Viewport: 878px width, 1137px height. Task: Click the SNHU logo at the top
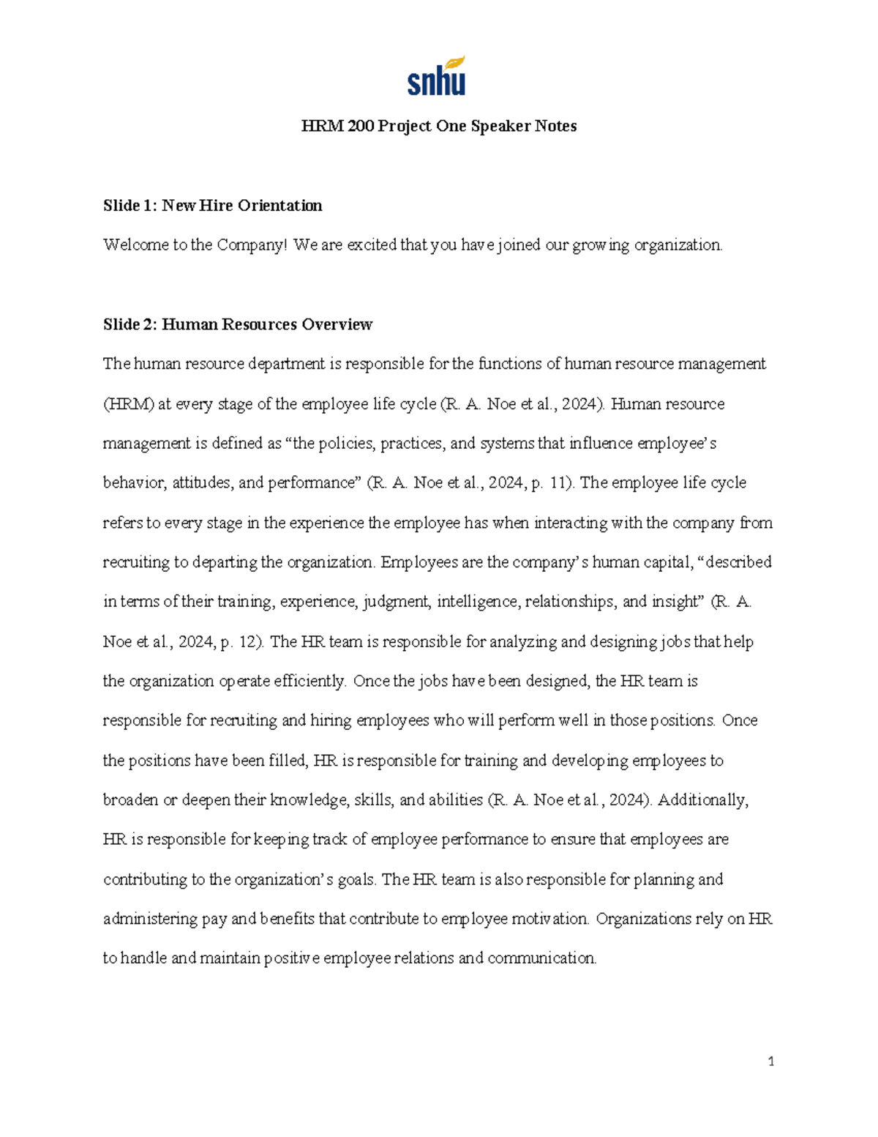[436, 77]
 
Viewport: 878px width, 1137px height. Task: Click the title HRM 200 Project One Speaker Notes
[439, 126]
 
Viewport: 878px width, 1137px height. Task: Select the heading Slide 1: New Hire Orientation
[212, 206]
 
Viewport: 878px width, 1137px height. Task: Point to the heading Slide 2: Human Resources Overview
[238, 324]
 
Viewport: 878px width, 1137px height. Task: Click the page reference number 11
[563, 483]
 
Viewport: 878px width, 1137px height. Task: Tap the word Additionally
[702, 800]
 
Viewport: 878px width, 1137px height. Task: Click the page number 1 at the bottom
[770, 1062]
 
